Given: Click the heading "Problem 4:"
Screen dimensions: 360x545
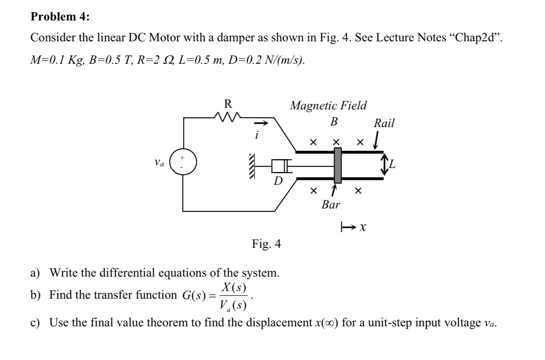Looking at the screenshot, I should click(61, 16).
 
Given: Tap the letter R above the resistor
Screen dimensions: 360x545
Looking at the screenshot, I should click(228, 104).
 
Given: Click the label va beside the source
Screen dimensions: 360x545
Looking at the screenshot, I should click(159, 163).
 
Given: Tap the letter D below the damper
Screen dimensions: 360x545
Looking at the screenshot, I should click(278, 181).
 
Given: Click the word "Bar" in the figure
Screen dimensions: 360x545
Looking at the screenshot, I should click(331, 205).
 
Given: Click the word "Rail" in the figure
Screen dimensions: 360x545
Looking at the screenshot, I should click(384, 123).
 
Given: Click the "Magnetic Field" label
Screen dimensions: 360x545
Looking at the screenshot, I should click(328, 105).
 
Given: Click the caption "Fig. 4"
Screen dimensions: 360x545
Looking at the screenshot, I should click(266, 244).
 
